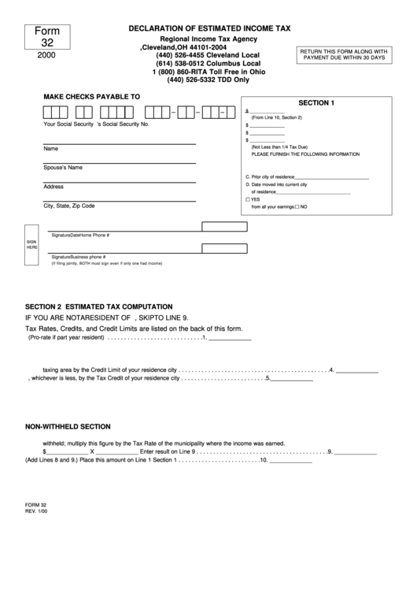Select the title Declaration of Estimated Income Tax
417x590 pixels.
pos(209,28)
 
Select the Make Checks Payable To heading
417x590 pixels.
pos(91,97)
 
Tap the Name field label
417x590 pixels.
pos(50,149)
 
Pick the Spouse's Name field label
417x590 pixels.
pos(63,168)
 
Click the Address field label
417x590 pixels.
pos(54,187)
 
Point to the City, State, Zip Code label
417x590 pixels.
pos(68,206)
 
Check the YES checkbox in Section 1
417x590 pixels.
pos(248,199)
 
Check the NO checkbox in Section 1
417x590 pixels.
pos(296,206)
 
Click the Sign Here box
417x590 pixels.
pos(32,244)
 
